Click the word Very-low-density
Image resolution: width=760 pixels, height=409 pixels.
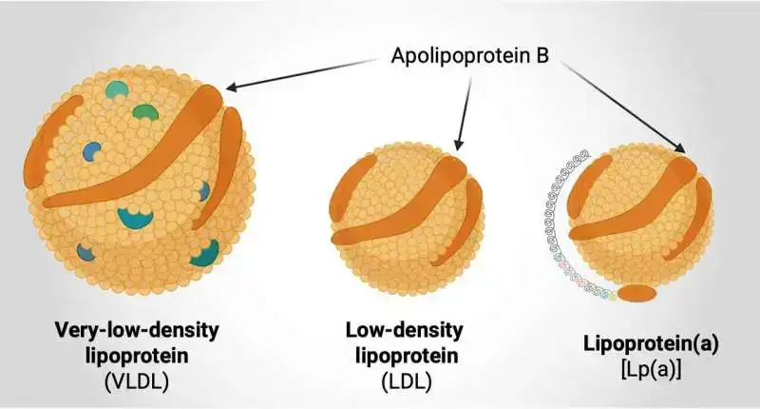[139, 331]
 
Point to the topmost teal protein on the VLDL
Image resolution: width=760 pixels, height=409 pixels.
[117, 90]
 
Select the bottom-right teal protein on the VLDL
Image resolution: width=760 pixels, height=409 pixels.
[206, 252]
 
